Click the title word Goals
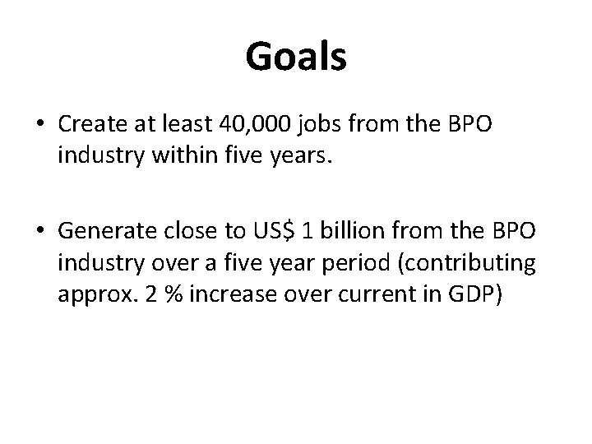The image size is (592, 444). pos(296,58)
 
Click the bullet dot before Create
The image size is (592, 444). pos(40,127)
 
